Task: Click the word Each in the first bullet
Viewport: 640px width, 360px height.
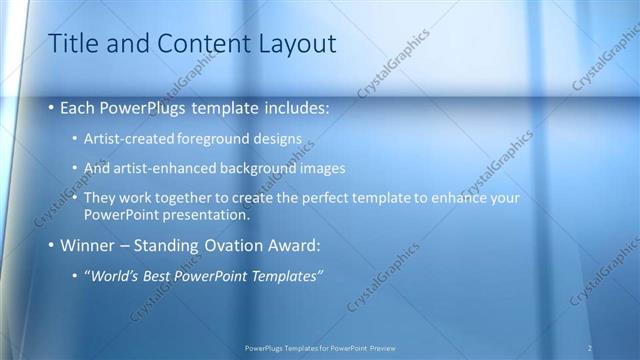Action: (79, 106)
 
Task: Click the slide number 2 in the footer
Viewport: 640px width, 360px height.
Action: (590, 347)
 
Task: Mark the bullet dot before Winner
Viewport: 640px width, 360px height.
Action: (52, 245)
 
